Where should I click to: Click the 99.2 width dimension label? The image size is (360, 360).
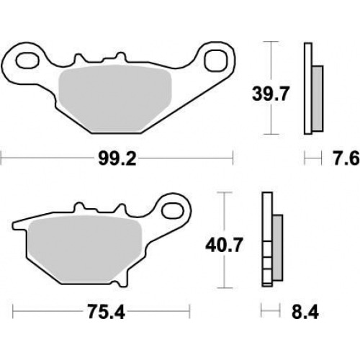click(x=117, y=156)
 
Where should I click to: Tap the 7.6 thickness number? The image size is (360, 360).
click(x=343, y=156)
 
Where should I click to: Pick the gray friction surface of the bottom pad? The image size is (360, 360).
click(x=73, y=245)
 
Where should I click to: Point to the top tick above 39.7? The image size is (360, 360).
click(x=269, y=42)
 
